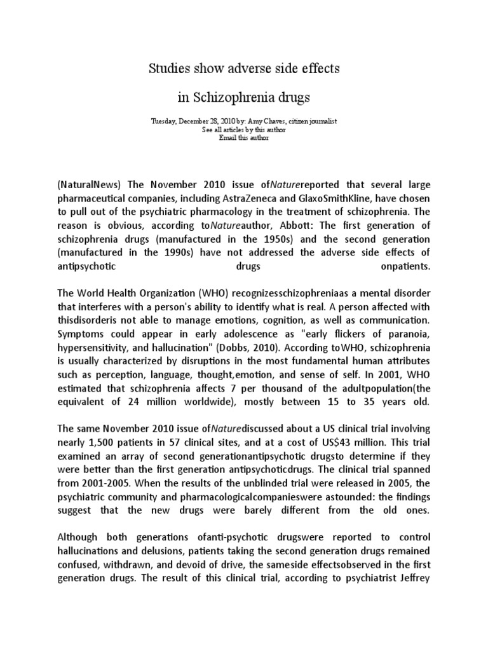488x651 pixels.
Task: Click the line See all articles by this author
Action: (244, 129)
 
